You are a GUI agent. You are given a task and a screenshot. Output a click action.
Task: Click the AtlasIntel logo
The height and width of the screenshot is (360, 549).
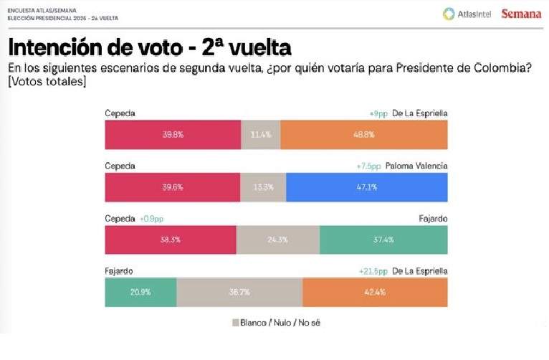pos(467,14)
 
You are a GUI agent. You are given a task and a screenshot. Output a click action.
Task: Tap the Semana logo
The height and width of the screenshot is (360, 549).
pos(521,14)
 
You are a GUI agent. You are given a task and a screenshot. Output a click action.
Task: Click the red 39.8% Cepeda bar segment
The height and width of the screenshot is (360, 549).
pos(172,135)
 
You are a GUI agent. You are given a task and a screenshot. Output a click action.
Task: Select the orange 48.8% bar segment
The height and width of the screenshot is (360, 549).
pos(363,135)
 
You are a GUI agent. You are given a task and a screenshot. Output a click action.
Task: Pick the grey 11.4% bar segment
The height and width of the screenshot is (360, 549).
pos(260,135)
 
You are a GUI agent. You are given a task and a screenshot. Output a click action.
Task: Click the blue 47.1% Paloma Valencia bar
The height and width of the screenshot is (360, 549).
pos(366,187)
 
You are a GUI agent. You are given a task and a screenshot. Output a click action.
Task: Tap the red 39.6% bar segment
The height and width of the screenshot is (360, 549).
pos(172,187)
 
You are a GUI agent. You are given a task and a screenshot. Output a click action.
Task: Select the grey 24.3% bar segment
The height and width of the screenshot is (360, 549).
pos(277,240)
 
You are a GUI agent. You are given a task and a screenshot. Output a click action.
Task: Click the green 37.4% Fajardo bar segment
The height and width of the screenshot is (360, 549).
pos(383,240)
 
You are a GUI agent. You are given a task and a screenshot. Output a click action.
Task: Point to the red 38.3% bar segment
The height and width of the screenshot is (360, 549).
pos(170,240)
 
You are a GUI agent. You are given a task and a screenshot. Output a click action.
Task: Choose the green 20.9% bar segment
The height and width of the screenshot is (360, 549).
pos(140,292)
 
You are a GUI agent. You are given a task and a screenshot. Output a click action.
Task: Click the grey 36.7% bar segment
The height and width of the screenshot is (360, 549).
pos(239,292)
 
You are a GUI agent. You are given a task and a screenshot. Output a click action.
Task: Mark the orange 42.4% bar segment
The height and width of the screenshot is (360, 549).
pos(375,292)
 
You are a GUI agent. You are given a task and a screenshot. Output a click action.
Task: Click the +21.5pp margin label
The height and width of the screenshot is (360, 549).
pos(373,271)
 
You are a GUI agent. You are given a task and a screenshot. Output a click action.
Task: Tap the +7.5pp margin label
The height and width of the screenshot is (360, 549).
pos(368,166)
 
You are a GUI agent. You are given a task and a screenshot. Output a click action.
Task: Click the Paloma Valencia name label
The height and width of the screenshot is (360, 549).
pos(416,166)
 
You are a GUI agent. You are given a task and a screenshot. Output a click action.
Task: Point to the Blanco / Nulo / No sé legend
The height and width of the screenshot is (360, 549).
pos(276,323)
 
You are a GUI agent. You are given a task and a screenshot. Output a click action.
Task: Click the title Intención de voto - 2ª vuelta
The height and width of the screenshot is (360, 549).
pos(149,48)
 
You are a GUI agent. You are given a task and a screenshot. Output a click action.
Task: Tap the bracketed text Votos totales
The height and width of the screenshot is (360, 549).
pos(47,83)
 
